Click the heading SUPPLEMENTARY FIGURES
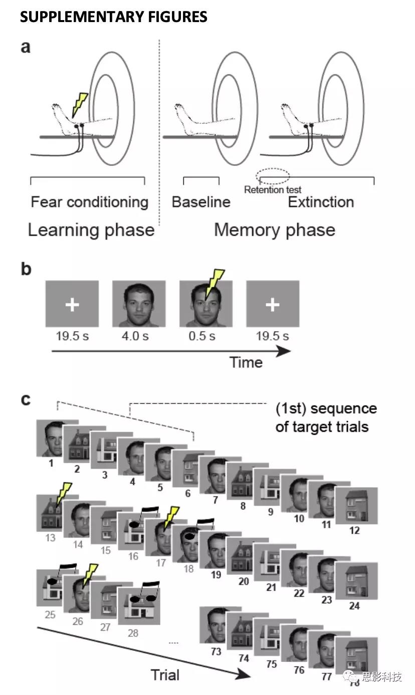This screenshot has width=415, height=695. click(113, 17)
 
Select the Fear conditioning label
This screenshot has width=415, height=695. click(90, 202)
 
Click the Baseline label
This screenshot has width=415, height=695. click(201, 202)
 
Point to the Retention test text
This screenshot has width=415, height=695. click(273, 190)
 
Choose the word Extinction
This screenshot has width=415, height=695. click(321, 202)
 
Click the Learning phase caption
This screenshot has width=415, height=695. click(91, 230)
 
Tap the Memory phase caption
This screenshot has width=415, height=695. click(275, 230)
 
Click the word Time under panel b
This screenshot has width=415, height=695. click(246, 362)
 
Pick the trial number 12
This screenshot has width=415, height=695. click(355, 530)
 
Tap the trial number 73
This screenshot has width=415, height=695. click(216, 651)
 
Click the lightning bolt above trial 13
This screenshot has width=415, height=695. click(64, 494)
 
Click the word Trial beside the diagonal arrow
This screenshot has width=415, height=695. click(165, 674)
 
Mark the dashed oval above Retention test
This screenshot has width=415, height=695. click(273, 176)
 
